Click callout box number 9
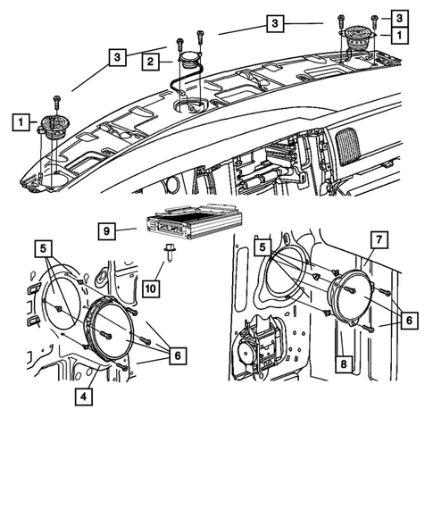click(105, 230)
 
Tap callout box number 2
click(152, 62)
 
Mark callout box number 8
click(343, 364)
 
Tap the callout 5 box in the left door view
click(44, 246)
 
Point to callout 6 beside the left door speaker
click(179, 355)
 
